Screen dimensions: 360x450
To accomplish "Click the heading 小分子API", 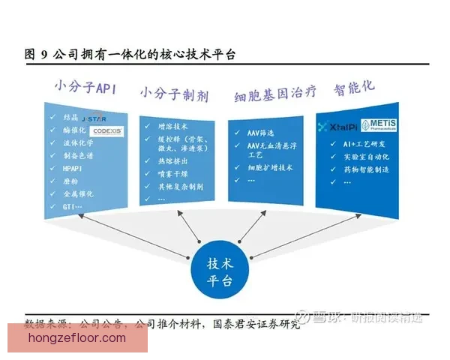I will click(85, 87).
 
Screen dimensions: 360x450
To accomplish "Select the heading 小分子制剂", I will click(174, 94).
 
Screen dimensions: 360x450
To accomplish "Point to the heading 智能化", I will click(355, 86).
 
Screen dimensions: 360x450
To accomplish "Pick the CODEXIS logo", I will click(106, 131).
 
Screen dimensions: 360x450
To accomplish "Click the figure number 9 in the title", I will click(44, 54).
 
